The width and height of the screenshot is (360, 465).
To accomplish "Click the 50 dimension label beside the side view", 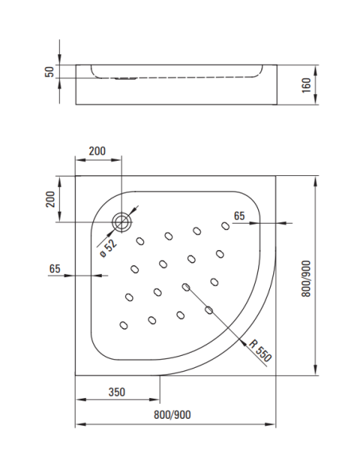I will [x=49, y=72].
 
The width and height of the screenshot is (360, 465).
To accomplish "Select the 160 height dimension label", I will [x=329, y=84].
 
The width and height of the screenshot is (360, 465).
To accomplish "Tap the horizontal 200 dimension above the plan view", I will [x=96, y=151].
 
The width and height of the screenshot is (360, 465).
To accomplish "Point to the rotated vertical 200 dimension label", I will [x=49, y=199].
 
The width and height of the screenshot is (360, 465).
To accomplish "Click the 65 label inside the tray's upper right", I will [x=239, y=216].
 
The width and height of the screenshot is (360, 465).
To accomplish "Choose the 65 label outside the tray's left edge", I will [x=55, y=268].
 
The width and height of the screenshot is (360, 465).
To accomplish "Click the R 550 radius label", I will [x=260, y=351].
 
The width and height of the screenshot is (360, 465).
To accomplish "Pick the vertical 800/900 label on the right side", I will [x=329, y=275].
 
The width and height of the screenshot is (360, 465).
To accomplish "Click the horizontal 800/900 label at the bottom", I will [x=173, y=414].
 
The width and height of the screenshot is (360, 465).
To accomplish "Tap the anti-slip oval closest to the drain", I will [x=141, y=241].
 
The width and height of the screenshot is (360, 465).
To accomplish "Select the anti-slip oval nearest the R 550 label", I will [x=209, y=310].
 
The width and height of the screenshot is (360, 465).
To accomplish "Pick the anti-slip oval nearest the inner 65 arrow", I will [x=225, y=226].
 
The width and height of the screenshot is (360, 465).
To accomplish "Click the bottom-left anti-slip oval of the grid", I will [x=123, y=324].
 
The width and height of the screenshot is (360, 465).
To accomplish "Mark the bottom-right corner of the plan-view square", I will [x=275, y=375].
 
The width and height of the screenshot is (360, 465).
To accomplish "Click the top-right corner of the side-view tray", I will [x=275, y=64].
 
